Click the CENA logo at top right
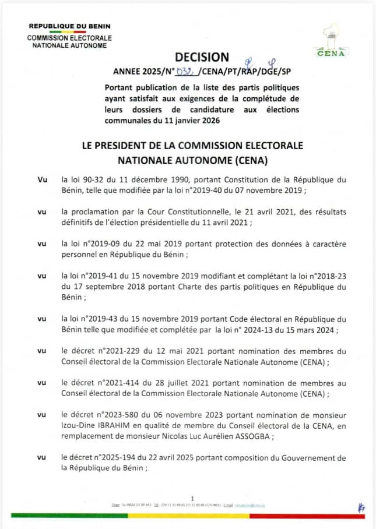click(331, 41)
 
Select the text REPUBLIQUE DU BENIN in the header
click(69, 26)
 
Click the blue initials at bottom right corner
click(361, 508)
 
